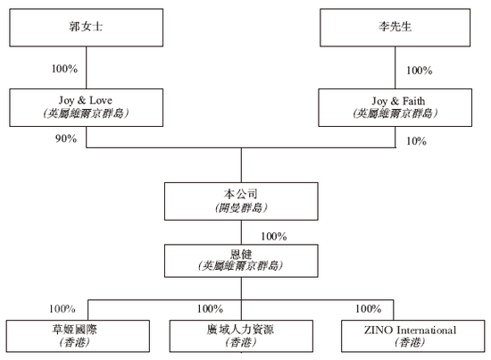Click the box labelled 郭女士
[87, 27]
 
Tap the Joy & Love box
[87, 107]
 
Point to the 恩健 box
[241, 260]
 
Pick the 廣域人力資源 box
[241, 335]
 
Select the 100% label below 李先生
[419, 70]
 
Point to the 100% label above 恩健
[272, 237]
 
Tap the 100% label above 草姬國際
[62, 309]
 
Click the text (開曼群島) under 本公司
[241, 208]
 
